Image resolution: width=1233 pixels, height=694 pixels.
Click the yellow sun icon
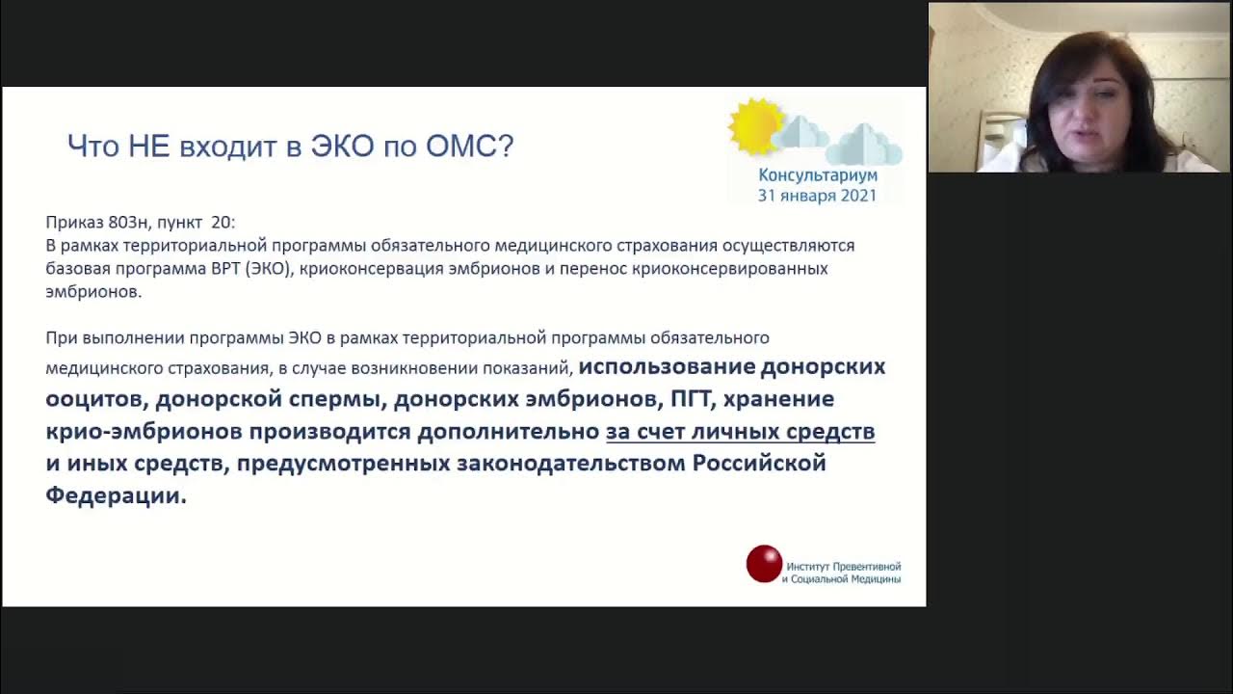coord(755,126)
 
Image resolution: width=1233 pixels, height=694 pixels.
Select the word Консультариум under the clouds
coord(817,175)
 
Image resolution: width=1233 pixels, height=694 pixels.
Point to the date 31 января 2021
coord(817,196)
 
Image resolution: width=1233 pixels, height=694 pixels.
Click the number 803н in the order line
coord(129,223)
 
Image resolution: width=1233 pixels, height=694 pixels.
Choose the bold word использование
coord(667,367)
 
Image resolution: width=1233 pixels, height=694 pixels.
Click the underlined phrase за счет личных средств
coord(740,432)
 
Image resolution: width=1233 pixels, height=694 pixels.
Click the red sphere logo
coord(764,564)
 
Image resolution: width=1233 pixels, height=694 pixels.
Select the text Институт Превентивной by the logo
coord(843,567)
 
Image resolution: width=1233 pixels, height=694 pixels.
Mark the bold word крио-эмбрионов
coord(144,432)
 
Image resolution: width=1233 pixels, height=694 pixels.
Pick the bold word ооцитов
coord(94,399)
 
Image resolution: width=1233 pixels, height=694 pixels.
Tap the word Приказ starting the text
coord(74,223)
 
